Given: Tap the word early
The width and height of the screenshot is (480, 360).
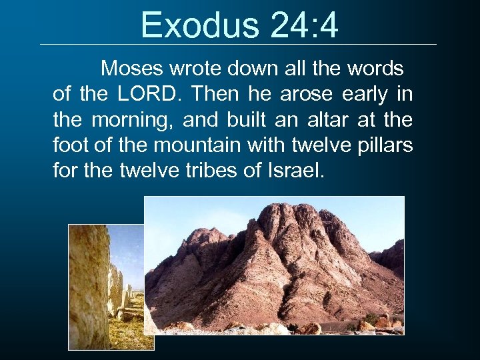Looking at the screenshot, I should (367, 95).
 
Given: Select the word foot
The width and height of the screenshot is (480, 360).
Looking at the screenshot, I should (67, 145).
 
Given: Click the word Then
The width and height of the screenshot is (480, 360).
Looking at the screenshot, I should (213, 95).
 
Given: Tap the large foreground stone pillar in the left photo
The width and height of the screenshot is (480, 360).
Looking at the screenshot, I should (89, 287).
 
